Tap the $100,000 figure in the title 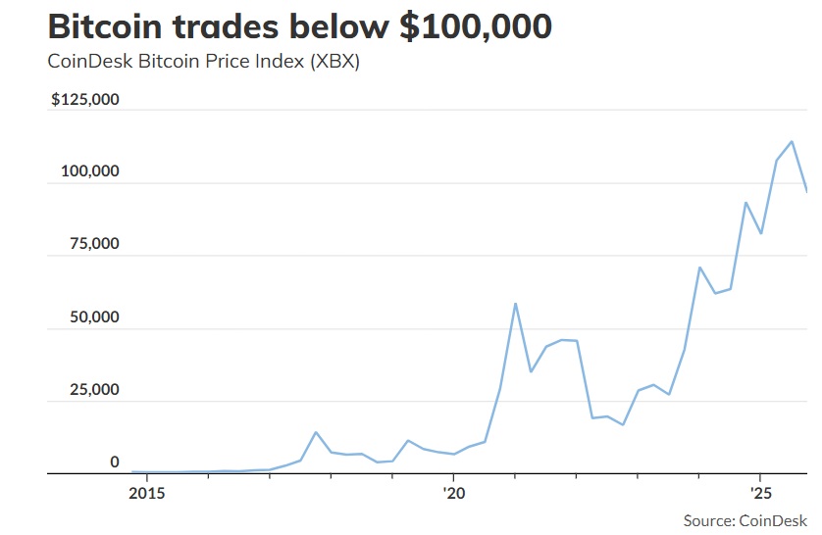(475, 26)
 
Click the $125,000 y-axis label (85, 100)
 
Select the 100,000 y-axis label (91, 171)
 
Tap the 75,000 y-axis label (95, 244)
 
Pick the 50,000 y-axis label (95, 317)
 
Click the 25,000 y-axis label (95, 390)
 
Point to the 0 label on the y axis (114, 462)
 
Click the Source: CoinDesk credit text (745, 520)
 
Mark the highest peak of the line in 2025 (792, 141)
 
